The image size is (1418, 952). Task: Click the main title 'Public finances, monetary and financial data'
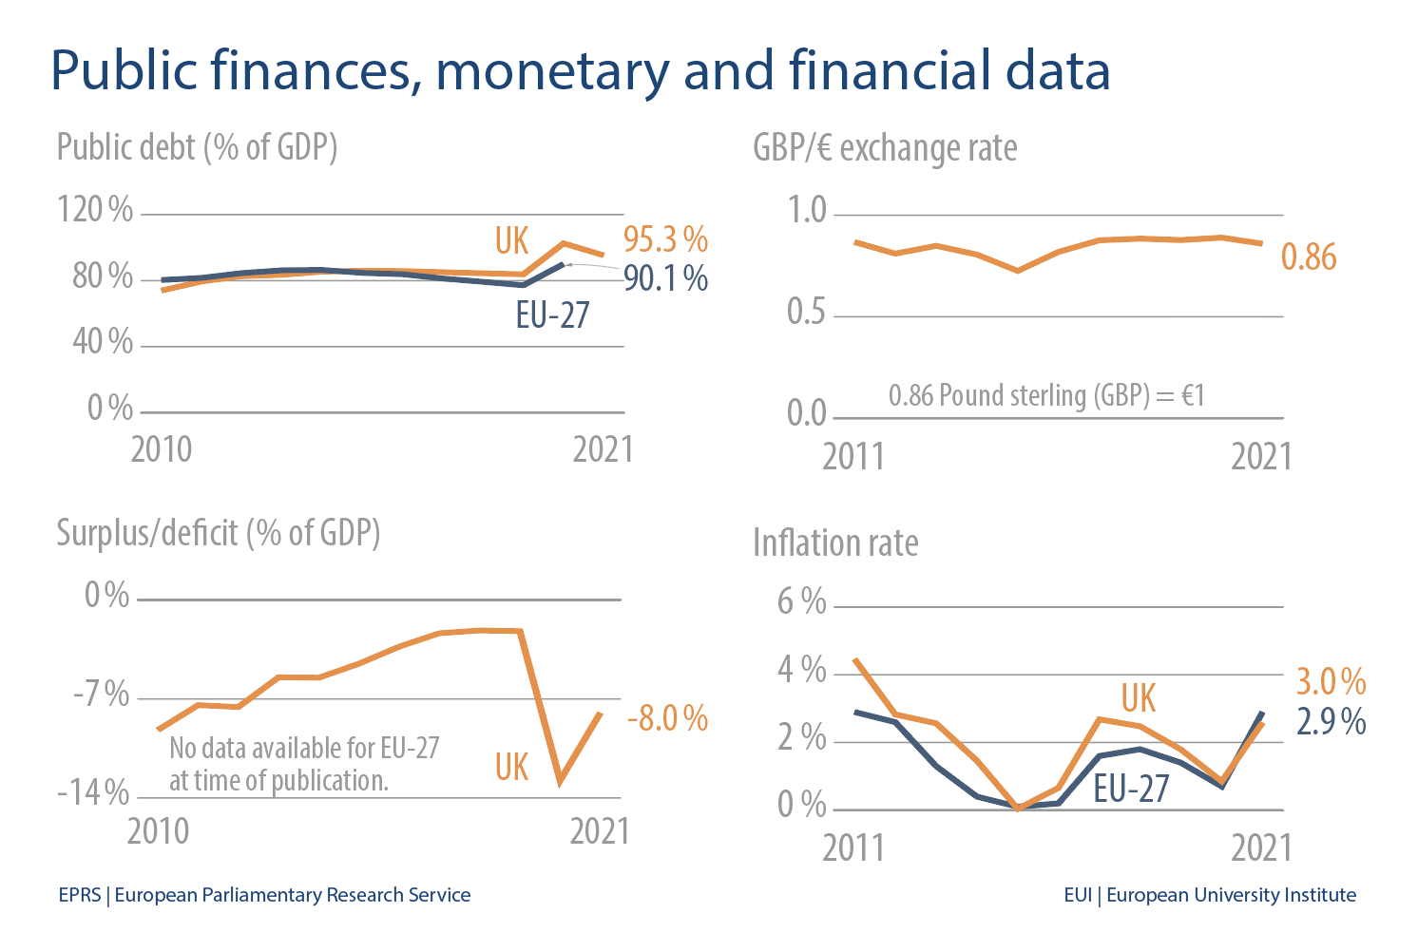[x=580, y=71]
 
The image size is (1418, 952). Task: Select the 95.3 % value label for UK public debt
[x=665, y=239]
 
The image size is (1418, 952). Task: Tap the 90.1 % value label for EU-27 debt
[x=665, y=278]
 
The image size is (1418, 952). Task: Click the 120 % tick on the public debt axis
[x=95, y=209]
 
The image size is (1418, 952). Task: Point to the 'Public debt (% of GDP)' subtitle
[x=197, y=148]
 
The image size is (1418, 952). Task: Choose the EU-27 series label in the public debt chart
[x=552, y=314]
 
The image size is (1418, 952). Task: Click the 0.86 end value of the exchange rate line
[x=1309, y=257]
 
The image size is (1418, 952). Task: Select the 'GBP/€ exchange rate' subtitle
[x=885, y=148]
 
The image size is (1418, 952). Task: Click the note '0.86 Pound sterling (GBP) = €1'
[x=1046, y=395]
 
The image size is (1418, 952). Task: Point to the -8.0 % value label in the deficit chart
[x=667, y=718]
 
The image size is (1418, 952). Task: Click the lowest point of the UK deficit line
[x=561, y=782]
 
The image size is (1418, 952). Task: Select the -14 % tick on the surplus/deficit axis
[x=93, y=791]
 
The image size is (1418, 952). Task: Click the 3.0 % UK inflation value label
[x=1331, y=681]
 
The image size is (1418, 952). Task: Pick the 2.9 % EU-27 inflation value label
[x=1331, y=722]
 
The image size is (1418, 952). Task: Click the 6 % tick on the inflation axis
[x=801, y=601]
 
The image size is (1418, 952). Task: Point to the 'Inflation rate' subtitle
[x=835, y=543]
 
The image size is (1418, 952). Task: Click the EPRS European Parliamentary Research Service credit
[x=264, y=895]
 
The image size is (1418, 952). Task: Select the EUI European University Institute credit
[x=1210, y=895]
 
